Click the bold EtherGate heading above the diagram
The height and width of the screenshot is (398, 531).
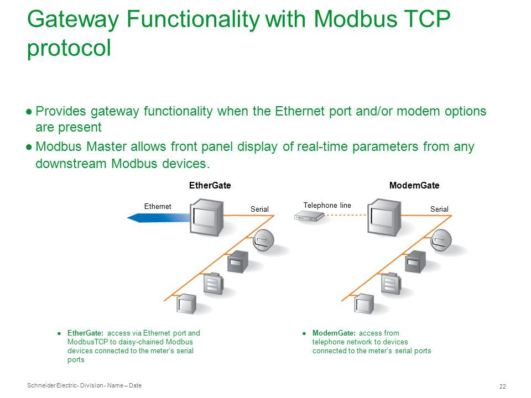[210, 186]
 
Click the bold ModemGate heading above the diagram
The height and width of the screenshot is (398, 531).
[414, 186]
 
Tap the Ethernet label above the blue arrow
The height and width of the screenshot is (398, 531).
[158, 206]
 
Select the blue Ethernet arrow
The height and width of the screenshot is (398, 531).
[159, 218]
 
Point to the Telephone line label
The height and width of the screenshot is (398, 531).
[327, 206]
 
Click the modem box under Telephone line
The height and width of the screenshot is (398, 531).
[309, 216]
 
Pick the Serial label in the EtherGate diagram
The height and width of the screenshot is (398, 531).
[259, 209]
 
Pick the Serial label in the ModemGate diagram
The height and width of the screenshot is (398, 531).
[439, 209]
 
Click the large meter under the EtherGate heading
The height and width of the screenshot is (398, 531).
[206, 217]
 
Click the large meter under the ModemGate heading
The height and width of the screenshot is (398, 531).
[384, 217]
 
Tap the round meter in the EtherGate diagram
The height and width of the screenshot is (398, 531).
[263, 240]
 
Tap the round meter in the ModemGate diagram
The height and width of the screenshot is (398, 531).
[441, 240]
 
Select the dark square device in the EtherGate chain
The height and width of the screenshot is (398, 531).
[238, 261]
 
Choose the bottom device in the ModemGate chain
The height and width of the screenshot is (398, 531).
[364, 303]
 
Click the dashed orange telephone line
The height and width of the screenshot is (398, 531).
[346, 215]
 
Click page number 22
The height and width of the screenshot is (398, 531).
[503, 386]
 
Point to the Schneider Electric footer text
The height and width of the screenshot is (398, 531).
[84, 385]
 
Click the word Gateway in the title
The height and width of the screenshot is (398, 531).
[73, 19]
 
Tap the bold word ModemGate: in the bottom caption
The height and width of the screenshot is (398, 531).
[334, 333]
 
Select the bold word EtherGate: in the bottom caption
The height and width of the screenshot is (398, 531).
[85, 333]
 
